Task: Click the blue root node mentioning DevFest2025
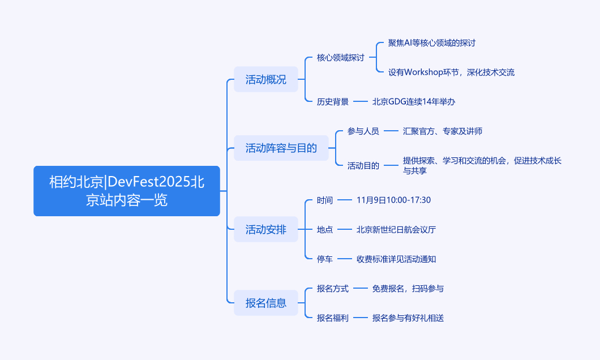point(127,191)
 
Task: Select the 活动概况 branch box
point(266,80)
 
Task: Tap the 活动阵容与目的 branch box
point(281,148)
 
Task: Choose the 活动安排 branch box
point(266,229)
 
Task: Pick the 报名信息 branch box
point(266,303)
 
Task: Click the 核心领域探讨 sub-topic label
point(341,58)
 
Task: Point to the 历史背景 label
point(333,102)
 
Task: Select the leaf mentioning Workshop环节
point(451,72)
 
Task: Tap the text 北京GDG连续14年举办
point(414,102)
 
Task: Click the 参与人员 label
point(363,131)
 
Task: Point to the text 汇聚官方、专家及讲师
point(443,131)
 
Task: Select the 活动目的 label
point(363,166)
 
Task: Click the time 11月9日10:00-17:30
point(394,200)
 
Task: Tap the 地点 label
point(325,230)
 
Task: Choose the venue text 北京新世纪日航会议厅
point(396,230)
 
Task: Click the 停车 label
point(325,259)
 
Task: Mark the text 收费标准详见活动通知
point(396,259)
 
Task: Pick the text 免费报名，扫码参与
point(408,289)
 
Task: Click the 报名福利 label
point(333,318)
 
